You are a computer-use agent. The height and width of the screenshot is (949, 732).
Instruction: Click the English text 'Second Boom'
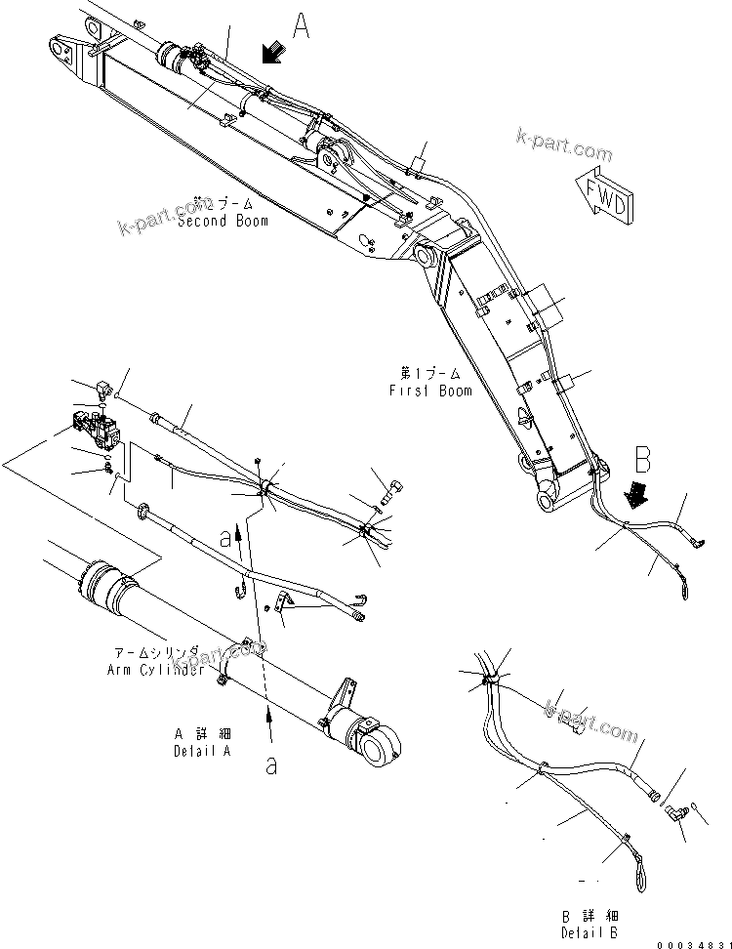tap(223, 221)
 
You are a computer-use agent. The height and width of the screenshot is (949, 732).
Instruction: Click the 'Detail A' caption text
tap(202, 750)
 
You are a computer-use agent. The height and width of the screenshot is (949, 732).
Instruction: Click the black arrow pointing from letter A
tap(272, 52)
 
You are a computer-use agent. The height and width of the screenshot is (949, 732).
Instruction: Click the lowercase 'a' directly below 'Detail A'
tap(270, 764)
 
